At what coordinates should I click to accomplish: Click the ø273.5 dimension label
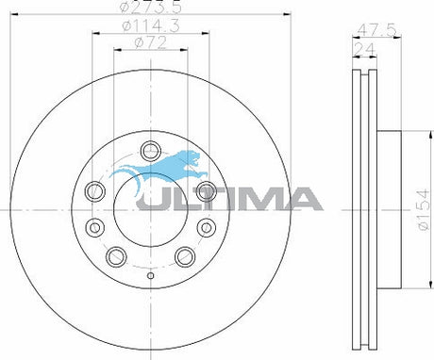[151, 7]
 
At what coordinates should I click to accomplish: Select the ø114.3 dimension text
[151, 25]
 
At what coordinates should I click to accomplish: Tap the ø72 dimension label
[151, 43]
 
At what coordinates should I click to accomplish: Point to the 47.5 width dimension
[376, 30]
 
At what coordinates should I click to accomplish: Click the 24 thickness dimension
[365, 49]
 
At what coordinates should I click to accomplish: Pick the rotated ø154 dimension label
[424, 209]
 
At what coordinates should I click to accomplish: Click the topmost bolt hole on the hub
[151, 151]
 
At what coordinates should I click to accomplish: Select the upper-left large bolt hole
[95, 191]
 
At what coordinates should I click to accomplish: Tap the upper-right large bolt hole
[207, 191]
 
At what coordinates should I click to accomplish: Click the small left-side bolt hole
[94, 227]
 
